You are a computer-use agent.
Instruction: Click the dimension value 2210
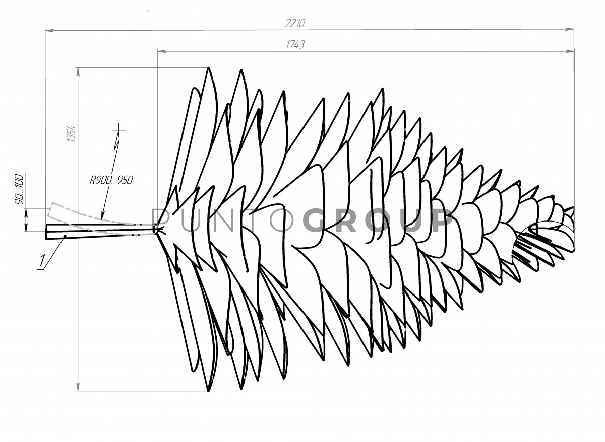point(294,24)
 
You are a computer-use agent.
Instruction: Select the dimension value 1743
point(295,45)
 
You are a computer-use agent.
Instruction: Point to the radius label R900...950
point(111,180)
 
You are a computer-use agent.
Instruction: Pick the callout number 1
point(42,260)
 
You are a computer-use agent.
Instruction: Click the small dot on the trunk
point(65,236)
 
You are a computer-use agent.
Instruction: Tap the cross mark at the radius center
point(119,130)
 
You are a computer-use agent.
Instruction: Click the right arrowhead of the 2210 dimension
point(569,29)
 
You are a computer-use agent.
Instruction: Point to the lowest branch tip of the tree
point(208,391)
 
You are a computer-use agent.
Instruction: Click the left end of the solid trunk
point(46,232)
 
